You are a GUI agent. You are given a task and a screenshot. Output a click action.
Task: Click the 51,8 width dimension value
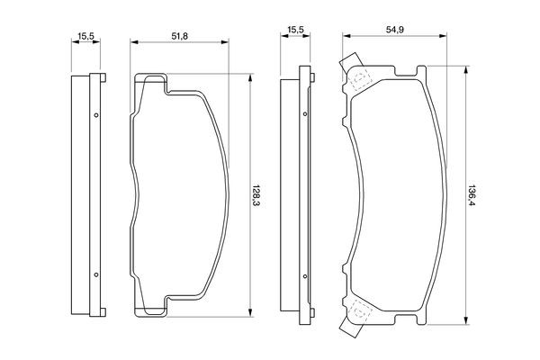point(179,36)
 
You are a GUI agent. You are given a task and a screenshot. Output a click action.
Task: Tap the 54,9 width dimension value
point(395,30)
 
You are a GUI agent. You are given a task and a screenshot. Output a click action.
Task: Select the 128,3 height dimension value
point(256,195)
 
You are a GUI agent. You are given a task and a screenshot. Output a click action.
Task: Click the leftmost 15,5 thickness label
point(85,36)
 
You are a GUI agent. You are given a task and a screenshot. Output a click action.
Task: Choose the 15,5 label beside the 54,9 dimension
point(295,30)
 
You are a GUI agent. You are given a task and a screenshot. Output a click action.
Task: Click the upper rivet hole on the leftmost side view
point(96,115)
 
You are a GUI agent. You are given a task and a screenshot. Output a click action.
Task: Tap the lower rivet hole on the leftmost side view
point(96,274)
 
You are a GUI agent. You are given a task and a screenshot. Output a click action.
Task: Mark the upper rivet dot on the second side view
point(305,114)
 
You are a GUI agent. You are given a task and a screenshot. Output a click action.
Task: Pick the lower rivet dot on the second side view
point(305,276)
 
